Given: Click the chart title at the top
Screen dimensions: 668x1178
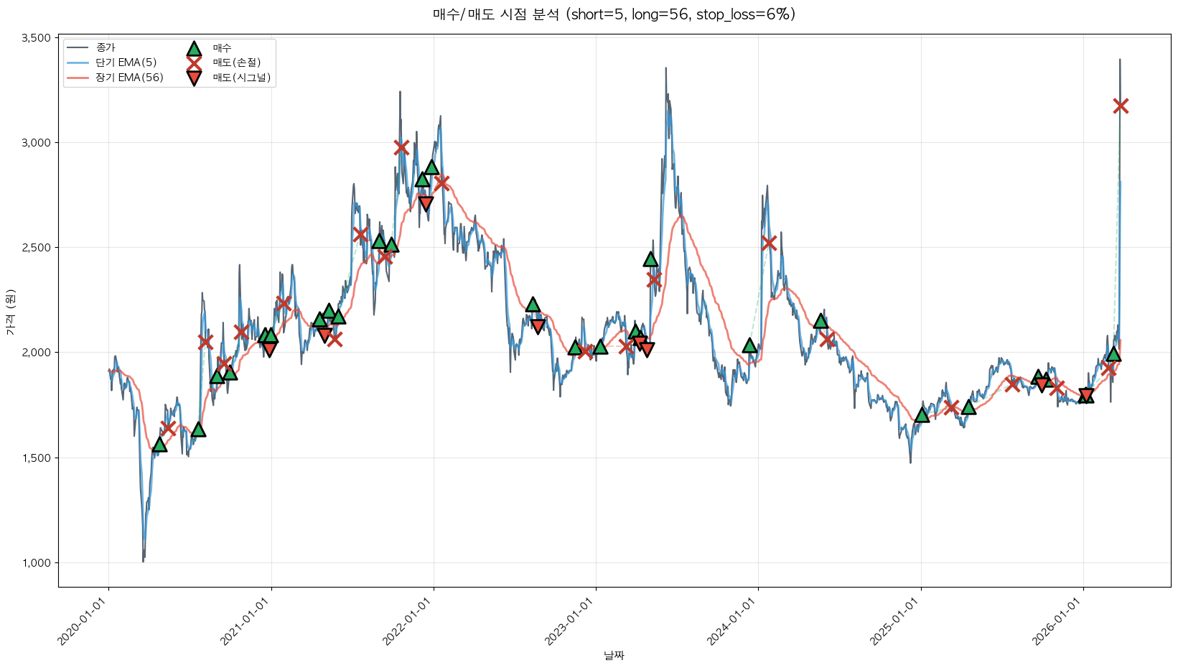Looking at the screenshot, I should [614, 14].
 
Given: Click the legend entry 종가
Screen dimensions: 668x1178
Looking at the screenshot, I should [105, 47].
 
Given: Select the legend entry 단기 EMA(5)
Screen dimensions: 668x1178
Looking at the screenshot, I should [126, 62].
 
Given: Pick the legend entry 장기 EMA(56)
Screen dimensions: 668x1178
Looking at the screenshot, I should [129, 78].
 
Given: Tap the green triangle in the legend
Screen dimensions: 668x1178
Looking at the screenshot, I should [194, 48].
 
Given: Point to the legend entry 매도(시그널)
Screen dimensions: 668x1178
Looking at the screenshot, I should [241, 78].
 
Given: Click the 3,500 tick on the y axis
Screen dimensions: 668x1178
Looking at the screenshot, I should [36, 37].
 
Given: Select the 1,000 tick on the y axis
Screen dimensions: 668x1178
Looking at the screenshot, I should [36, 563].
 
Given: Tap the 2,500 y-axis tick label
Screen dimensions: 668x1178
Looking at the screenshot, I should [36, 248].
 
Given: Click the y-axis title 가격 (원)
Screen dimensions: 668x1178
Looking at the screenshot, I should [10, 312].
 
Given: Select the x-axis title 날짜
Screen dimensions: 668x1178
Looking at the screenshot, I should [614, 655].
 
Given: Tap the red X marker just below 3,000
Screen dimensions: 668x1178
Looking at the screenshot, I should [401, 147].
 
